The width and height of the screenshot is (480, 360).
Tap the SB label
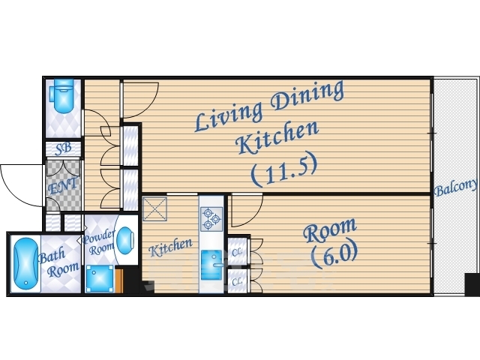(x=64, y=148)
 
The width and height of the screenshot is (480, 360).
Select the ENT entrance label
(x=63, y=186)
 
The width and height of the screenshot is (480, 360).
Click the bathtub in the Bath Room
(x=26, y=264)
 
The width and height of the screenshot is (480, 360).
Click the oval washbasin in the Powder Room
(x=125, y=241)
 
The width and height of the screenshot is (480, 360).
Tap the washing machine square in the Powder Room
(x=100, y=278)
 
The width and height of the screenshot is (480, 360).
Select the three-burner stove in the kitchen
(x=211, y=219)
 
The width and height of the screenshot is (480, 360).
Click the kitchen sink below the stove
(x=211, y=265)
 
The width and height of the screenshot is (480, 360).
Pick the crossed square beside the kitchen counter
(x=155, y=209)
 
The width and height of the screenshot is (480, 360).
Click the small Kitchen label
(x=171, y=247)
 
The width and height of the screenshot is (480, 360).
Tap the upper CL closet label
(x=237, y=252)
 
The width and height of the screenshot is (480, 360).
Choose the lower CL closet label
(x=237, y=281)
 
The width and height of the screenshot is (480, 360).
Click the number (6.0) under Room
(x=334, y=254)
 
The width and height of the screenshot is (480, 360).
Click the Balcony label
(x=455, y=187)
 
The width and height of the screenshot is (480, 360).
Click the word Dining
(x=307, y=95)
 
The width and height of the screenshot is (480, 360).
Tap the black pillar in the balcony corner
(x=472, y=285)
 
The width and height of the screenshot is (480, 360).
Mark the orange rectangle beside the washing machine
(x=118, y=280)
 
